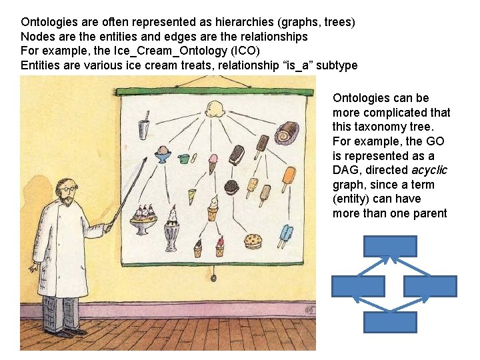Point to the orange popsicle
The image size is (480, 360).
[x=288, y=177]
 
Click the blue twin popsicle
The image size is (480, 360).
[x=285, y=235]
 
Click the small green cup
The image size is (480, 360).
[x=185, y=159]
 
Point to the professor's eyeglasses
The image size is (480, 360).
[x=68, y=189]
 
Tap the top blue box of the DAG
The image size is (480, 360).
[x=390, y=246]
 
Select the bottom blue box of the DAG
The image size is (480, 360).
[x=390, y=323]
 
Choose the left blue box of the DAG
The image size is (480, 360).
[x=358, y=287]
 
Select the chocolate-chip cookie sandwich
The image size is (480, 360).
[x=253, y=240]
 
